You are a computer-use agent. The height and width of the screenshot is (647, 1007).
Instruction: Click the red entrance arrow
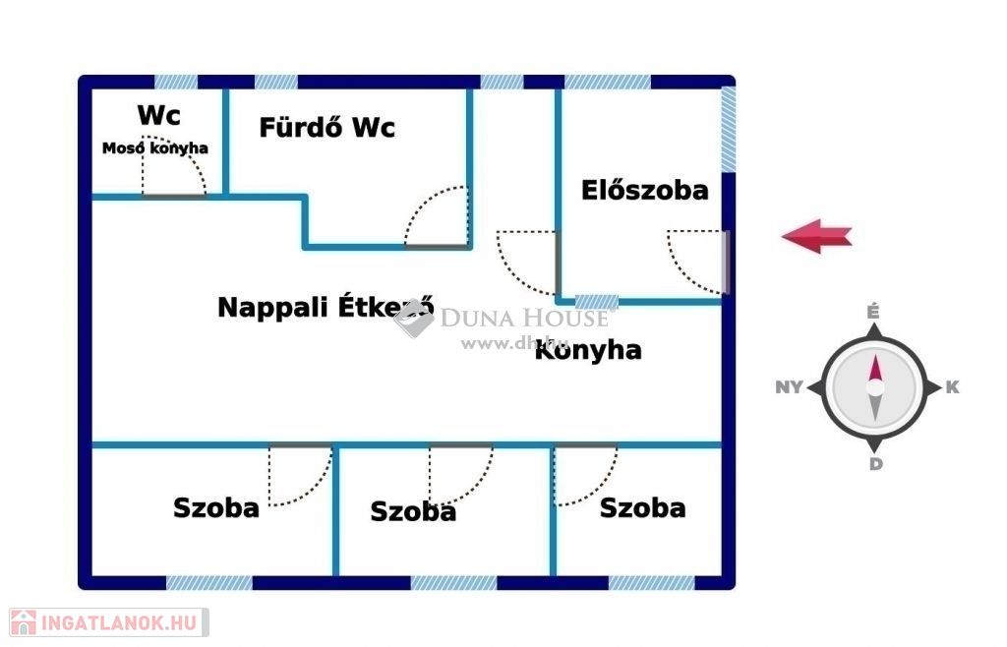pyautogui.click(x=816, y=236)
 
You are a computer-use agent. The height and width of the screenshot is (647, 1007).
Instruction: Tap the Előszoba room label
pyautogui.click(x=644, y=190)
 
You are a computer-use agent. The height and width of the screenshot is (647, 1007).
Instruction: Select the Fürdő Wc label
pyautogui.click(x=326, y=128)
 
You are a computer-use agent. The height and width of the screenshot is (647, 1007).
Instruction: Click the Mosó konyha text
pyautogui.click(x=155, y=148)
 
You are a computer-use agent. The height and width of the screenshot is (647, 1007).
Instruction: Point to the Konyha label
pyautogui.click(x=588, y=350)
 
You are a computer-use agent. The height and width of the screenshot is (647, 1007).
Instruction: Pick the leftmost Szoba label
pyautogui.click(x=216, y=508)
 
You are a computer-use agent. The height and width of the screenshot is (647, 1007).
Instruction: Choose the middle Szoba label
pyautogui.click(x=413, y=511)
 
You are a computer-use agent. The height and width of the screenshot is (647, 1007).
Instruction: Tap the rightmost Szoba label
pyautogui.click(x=642, y=508)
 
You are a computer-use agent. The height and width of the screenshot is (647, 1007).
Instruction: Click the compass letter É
pyautogui.click(x=872, y=311)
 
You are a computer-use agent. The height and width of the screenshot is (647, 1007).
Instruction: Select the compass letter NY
pyautogui.click(x=789, y=387)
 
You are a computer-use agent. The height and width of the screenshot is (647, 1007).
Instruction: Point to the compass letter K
pyautogui.click(x=952, y=387)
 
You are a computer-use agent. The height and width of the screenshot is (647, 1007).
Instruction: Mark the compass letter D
pyautogui.click(x=875, y=464)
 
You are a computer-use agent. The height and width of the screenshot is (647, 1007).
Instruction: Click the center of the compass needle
pyautogui.click(x=874, y=387)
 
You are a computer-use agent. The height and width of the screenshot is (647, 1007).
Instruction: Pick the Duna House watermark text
pyautogui.click(x=523, y=317)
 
